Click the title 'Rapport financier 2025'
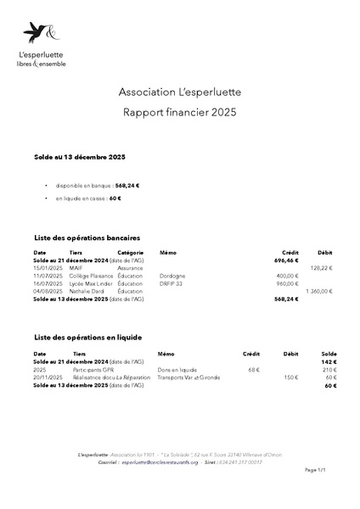(x=179, y=112)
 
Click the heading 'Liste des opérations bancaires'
(x=86, y=238)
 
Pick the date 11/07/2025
(x=48, y=276)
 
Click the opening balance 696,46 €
(x=287, y=260)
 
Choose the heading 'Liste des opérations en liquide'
(x=87, y=338)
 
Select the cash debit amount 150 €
(x=291, y=378)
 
